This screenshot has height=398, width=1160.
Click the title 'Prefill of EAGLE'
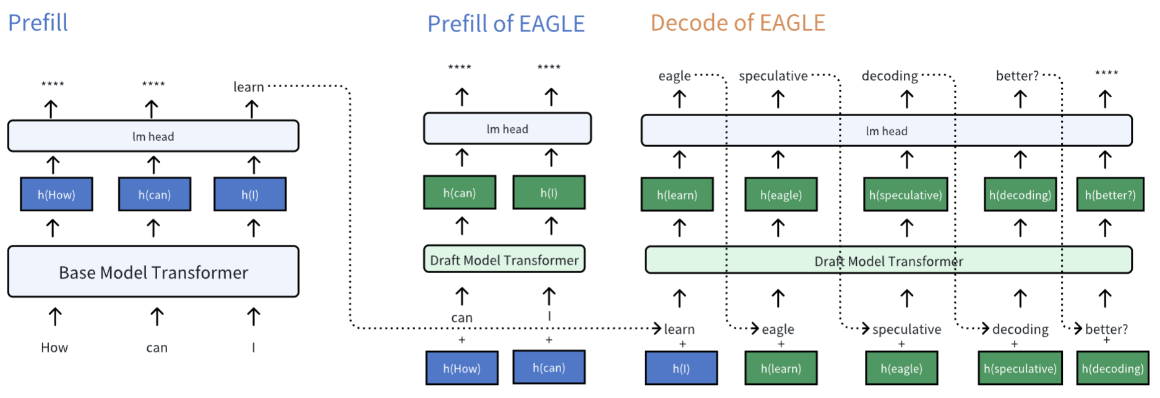point(505,23)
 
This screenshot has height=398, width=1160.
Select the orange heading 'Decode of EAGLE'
point(737,23)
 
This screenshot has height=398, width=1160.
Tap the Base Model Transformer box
point(153,272)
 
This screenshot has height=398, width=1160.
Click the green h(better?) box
point(1110,195)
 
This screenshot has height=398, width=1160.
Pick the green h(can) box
point(459,193)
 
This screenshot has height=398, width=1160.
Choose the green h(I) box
point(549,193)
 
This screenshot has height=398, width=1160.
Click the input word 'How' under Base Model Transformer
point(54,348)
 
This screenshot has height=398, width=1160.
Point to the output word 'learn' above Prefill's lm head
point(248,87)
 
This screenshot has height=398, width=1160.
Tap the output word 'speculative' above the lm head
point(773,76)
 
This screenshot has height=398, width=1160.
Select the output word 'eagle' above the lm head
point(674,76)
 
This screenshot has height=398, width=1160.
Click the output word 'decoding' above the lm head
point(890,76)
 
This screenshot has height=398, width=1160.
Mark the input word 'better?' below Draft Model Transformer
point(1106,329)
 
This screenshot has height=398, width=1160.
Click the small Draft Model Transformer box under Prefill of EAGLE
point(504,260)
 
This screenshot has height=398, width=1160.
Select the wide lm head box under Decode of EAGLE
point(886,130)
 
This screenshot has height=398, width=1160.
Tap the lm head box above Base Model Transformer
point(153,136)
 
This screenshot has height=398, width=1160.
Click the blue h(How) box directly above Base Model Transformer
point(56,195)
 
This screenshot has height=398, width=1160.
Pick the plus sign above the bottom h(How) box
point(462,340)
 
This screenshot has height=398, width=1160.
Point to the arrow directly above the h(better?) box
point(1105,160)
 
